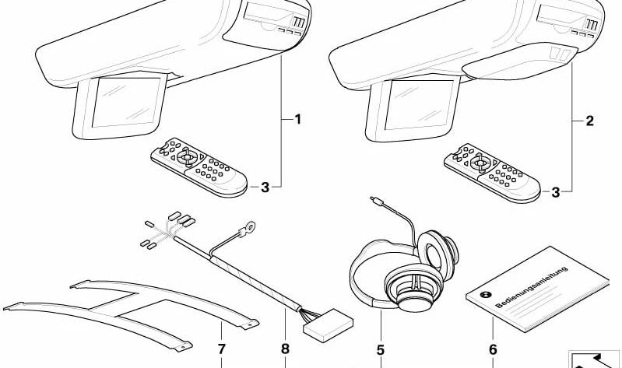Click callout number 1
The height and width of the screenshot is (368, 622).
click(x=297, y=119)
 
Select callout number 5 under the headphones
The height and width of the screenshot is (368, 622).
click(x=381, y=350)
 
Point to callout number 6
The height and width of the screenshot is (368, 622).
click(x=492, y=350)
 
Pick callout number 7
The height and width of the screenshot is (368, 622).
click(x=221, y=350)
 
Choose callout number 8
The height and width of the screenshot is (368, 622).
click(x=285, y=350)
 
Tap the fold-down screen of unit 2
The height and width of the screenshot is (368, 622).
click(x=416, y=105)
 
